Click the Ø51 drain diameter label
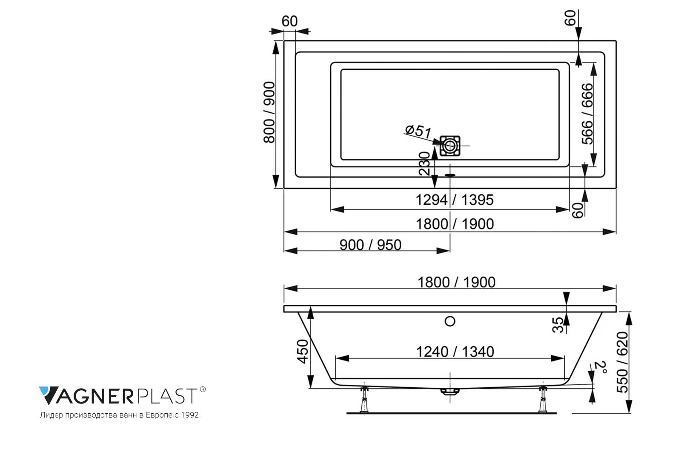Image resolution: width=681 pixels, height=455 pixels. coord(418,131)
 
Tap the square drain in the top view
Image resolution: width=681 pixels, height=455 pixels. coord(450,146)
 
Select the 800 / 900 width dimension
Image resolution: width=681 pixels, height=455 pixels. coord(269,112)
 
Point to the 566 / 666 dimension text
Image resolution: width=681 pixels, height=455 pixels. coord(587,114)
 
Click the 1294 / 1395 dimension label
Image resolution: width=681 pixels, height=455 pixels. coord(455,200)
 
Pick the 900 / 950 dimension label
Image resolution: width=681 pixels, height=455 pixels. coord(370,245)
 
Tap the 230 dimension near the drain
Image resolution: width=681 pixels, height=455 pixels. coord(424,164)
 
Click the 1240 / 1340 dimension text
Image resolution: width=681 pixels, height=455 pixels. coord(455,352)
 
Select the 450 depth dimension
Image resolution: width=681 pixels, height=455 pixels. coord(303,351)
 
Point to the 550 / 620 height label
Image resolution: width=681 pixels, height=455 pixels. coord(622,362)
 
